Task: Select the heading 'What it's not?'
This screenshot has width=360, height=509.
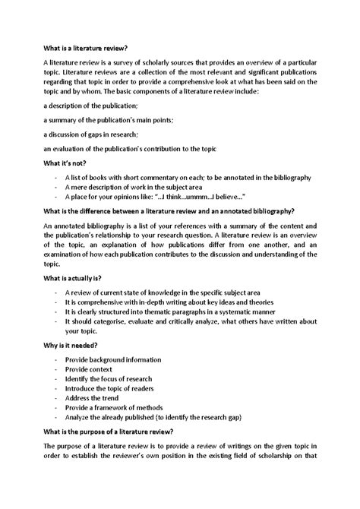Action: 67,163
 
